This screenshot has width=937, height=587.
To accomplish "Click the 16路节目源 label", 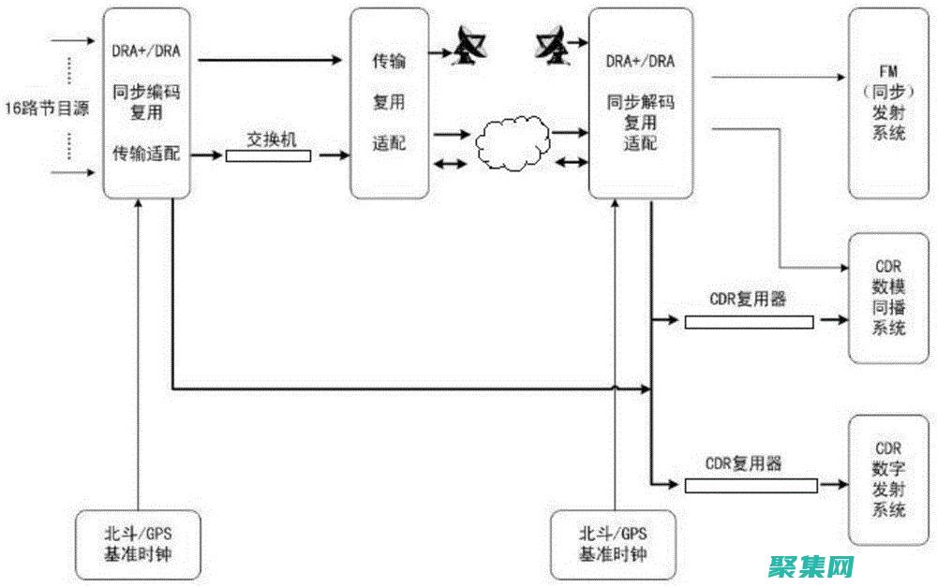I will (x=46, y=108).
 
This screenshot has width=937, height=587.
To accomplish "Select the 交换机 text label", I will (x=271, y=138).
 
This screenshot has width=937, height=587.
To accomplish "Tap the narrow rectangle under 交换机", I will (x=268, y=155).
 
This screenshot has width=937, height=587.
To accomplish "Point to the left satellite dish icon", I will (x=464, y=46).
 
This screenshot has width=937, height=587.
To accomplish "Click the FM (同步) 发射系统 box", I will (x=888, y=102).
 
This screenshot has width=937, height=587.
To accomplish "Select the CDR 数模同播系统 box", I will (x=888, y=298).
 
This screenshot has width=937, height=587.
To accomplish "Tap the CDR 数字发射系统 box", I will (x=888, y=480).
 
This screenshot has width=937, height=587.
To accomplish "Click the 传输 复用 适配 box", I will (x=389, y=103).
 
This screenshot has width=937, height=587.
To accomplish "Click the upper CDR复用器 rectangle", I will (x=749, y=322).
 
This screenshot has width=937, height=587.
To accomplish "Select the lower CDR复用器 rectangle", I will (x=750, y=485).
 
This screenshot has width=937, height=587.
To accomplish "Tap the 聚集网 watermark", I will (x=812, y=565).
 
